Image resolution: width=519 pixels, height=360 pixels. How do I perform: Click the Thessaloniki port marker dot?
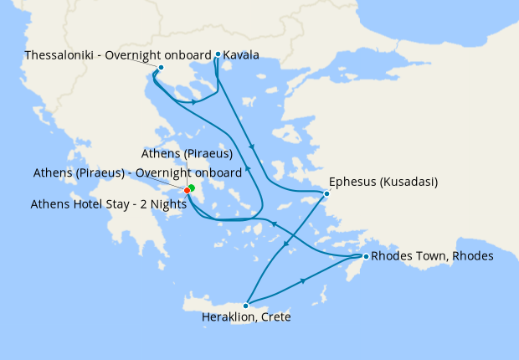tap(161, 67)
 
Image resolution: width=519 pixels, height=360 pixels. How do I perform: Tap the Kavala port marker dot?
tap(218, 54)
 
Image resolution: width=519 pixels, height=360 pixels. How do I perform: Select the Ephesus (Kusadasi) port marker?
tap(326, 193)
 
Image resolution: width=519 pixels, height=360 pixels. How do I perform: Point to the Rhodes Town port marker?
tap(365, 255)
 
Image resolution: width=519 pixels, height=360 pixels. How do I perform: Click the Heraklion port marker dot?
tap(245, 306)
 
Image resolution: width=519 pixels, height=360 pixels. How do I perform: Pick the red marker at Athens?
tap(187, 191)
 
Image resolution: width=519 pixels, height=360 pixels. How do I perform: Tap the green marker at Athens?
tap(192, 188)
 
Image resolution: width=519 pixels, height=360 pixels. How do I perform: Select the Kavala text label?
tap(241, 55)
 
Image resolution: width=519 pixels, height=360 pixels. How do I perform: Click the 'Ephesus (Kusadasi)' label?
tap(384, 181)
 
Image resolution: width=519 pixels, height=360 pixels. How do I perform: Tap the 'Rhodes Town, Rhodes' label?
tap(432, 255)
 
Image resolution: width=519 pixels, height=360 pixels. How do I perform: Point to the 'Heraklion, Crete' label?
tap(246, 318)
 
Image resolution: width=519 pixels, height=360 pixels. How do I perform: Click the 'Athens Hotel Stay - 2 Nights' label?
tap(108, 203)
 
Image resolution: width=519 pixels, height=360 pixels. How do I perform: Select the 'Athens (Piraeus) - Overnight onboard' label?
tap(137, 172)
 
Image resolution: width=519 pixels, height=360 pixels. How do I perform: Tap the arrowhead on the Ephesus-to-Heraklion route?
tap(285, 246)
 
